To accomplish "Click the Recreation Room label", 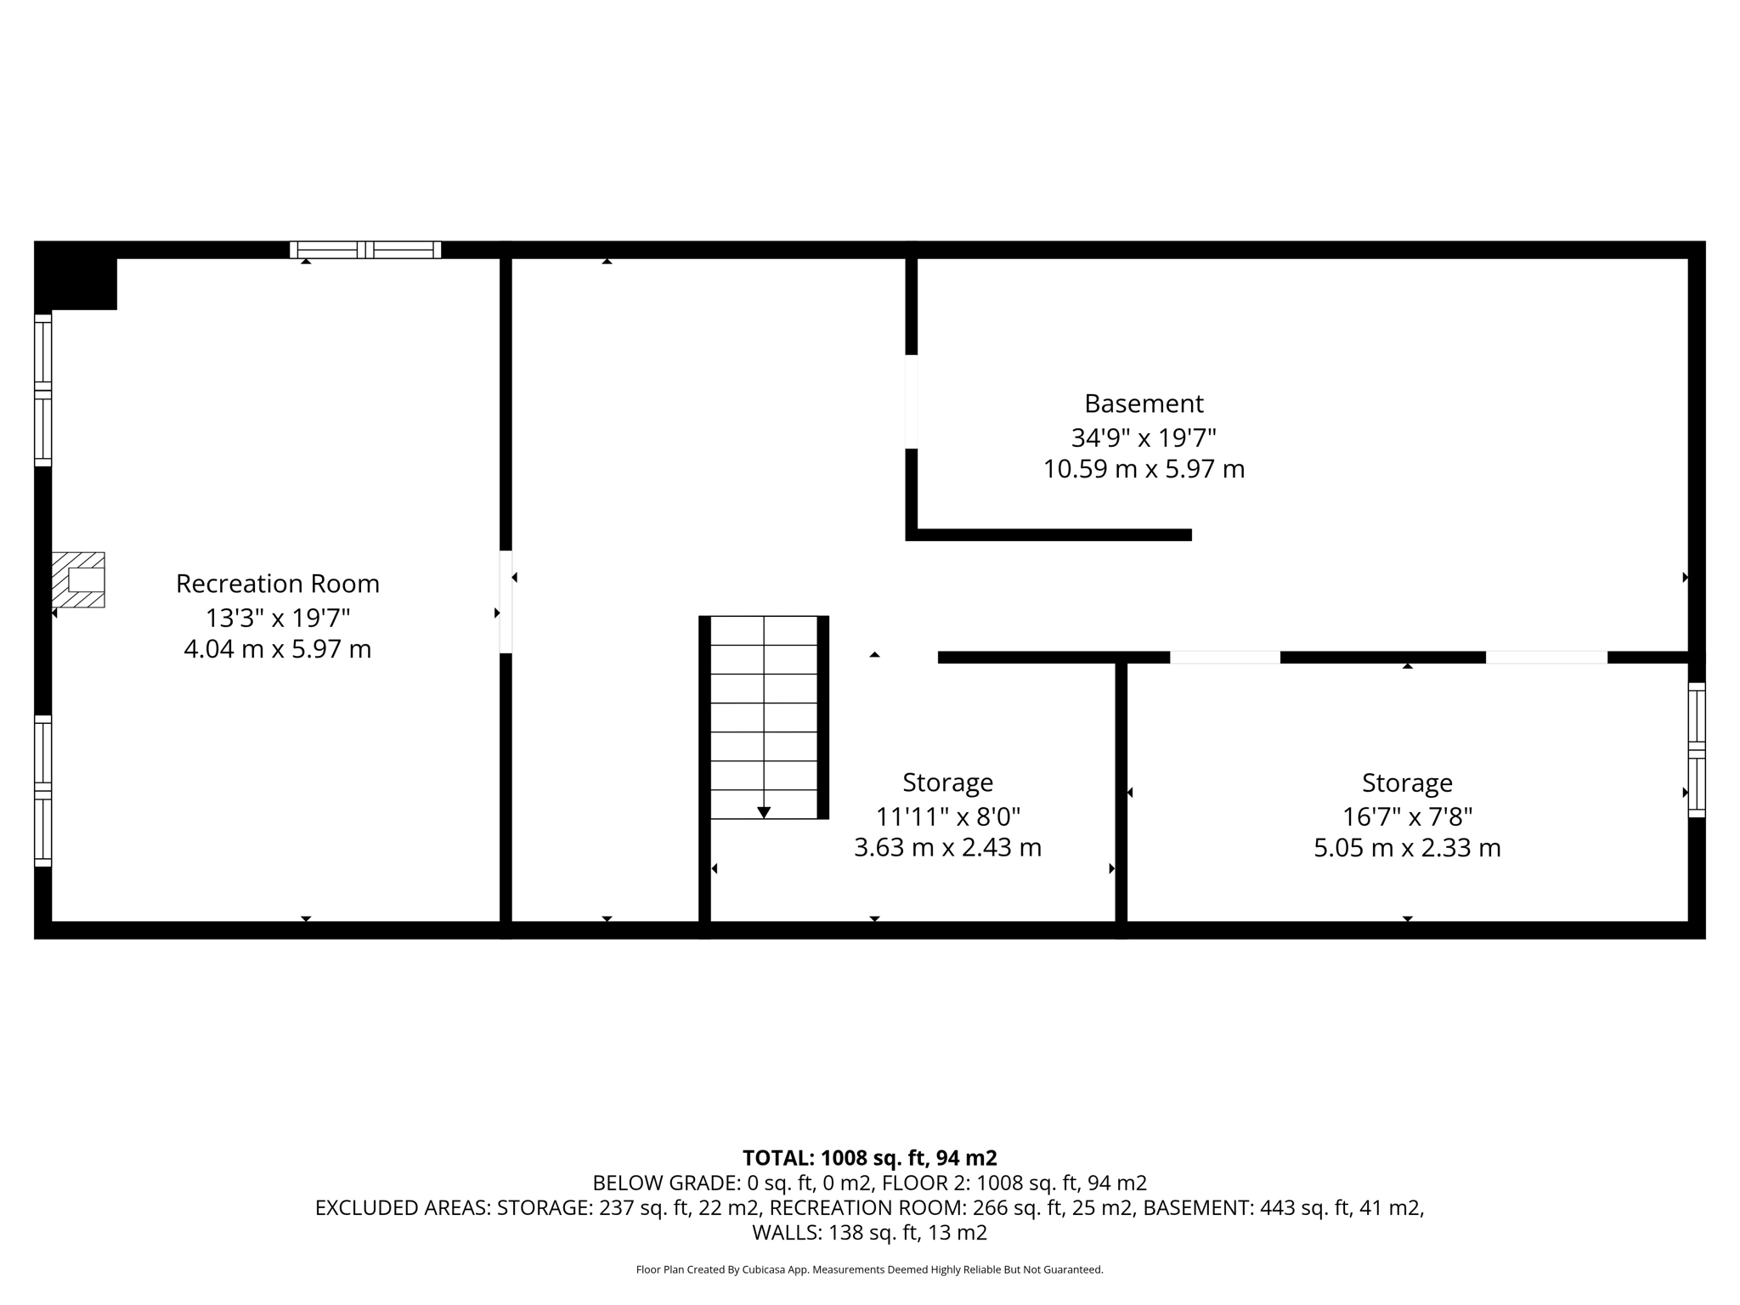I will pos(277,584).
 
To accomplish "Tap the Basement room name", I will pos(1144,403).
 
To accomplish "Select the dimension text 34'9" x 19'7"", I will pos(1144,438).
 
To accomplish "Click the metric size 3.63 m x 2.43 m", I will pos(947,848).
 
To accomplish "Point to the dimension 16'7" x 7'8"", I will pos(1407,816).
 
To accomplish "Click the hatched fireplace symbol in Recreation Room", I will pos(78,579).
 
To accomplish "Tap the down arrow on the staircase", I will pos(764,812).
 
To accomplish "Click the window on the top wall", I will pos(365,250).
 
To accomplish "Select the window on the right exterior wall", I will pos(1696,749).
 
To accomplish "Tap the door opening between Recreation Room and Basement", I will pos(506,602).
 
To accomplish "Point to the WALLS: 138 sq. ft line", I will pos(869,1232).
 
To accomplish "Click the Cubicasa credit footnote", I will pos(869,1270).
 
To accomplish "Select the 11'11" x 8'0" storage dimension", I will pos(947,816).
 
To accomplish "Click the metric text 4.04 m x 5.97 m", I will pos(277,649).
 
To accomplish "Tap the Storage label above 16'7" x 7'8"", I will pos(1407,782).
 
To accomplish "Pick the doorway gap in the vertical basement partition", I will pos(912,401).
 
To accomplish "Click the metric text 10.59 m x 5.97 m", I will pos(1144,469).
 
